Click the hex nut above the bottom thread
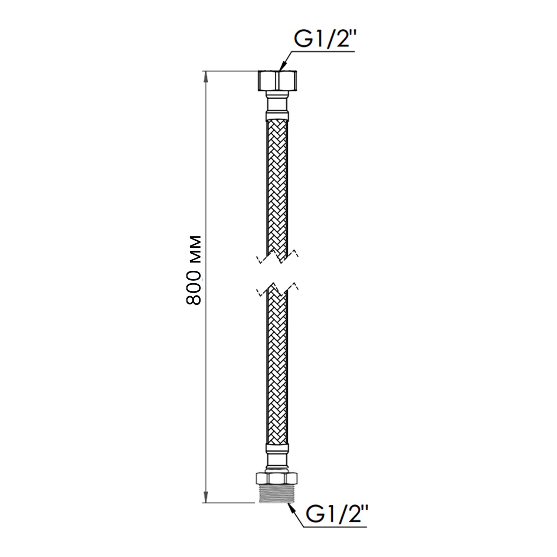click(277, 477)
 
